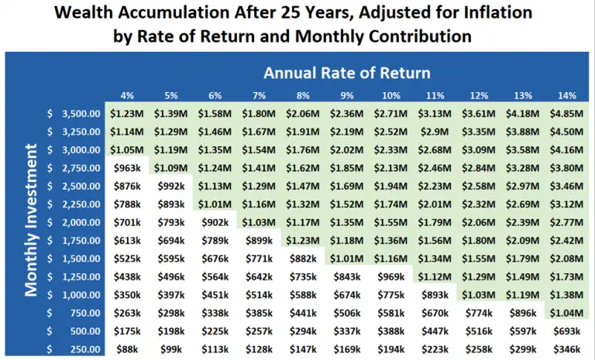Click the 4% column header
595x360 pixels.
[127, 95]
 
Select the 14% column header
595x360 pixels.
[568, 95]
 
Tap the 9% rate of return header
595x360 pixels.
[347, 95]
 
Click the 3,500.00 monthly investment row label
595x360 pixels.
[81, 113]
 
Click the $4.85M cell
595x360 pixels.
[568, 113]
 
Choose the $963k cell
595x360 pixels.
[127, 166]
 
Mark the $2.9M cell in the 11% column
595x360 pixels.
[435, 131]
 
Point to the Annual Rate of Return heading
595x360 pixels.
[346, 74]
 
